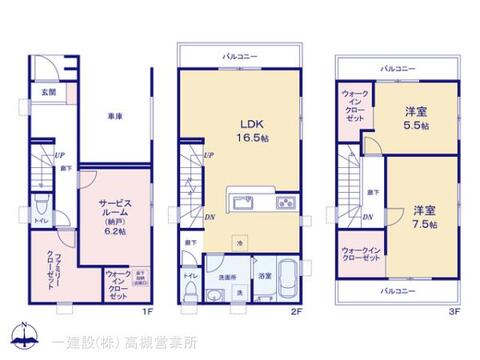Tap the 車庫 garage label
tap(114, 117)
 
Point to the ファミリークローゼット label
tap(49, 267)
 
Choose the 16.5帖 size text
tap(250, 140)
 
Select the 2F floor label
tap(298, 312)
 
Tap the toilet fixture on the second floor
tap(189, 291)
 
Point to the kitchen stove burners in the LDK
tap(284, 204)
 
